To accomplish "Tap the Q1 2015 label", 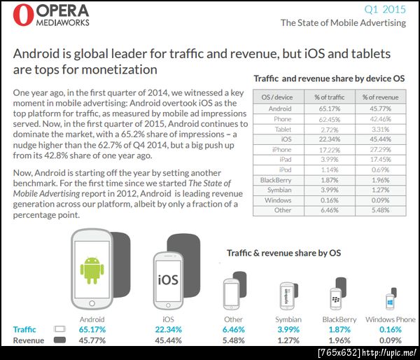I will pos(386,10).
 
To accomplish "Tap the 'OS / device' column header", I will pos(277,96).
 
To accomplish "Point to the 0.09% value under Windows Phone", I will pos(391,340).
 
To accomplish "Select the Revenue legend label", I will pos(29,340).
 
